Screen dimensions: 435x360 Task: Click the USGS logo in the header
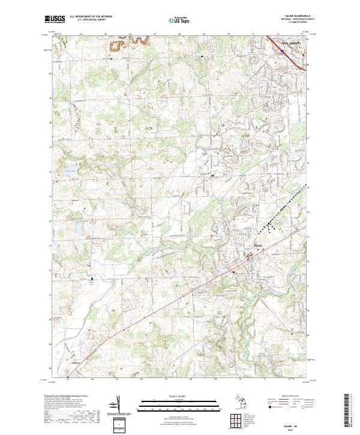tap(55, 19)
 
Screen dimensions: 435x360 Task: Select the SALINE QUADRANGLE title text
tap(298, 17)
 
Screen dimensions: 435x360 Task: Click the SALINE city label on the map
tap(258, 245)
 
